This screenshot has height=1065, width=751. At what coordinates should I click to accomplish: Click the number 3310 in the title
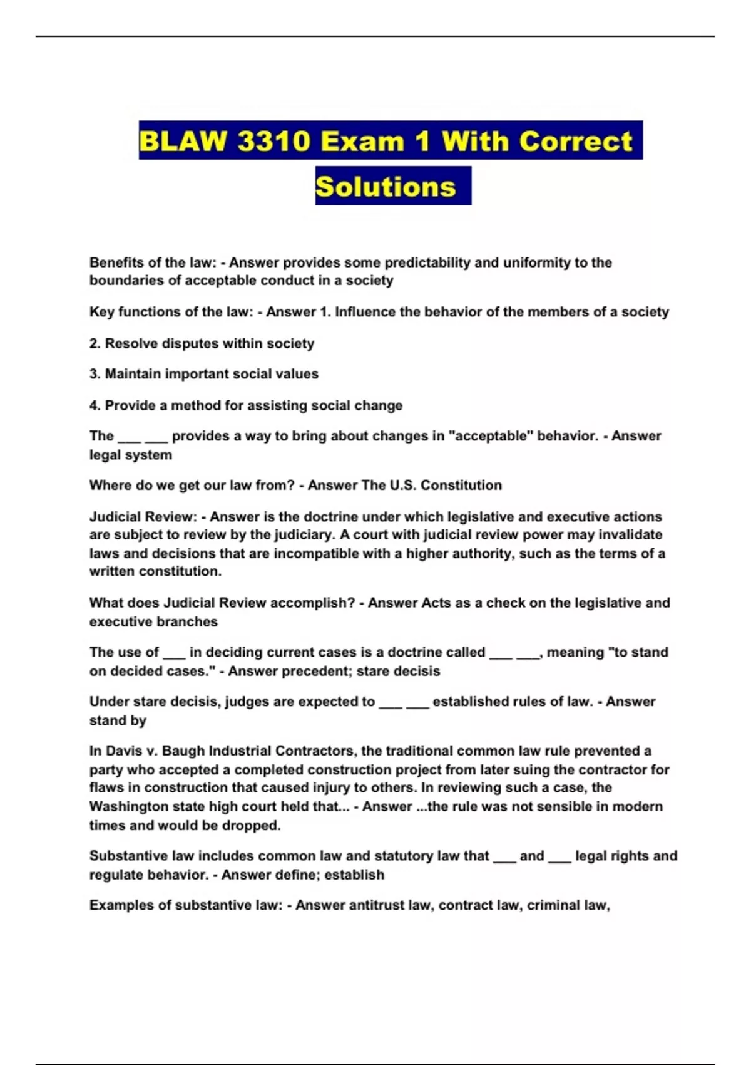click(273, 141)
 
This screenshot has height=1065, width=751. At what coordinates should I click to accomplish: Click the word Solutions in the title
click(386, 187)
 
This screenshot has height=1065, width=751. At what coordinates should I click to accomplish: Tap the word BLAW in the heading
click(183, 141)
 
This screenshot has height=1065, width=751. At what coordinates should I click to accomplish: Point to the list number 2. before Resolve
click(95, 343)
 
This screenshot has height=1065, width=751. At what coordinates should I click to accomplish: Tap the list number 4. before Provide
click(95, 405)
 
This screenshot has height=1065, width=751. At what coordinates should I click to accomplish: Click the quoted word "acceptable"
click(491, 436)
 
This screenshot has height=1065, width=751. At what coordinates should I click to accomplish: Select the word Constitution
click(461, 486)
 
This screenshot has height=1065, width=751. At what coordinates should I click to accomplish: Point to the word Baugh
click(183, 751)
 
